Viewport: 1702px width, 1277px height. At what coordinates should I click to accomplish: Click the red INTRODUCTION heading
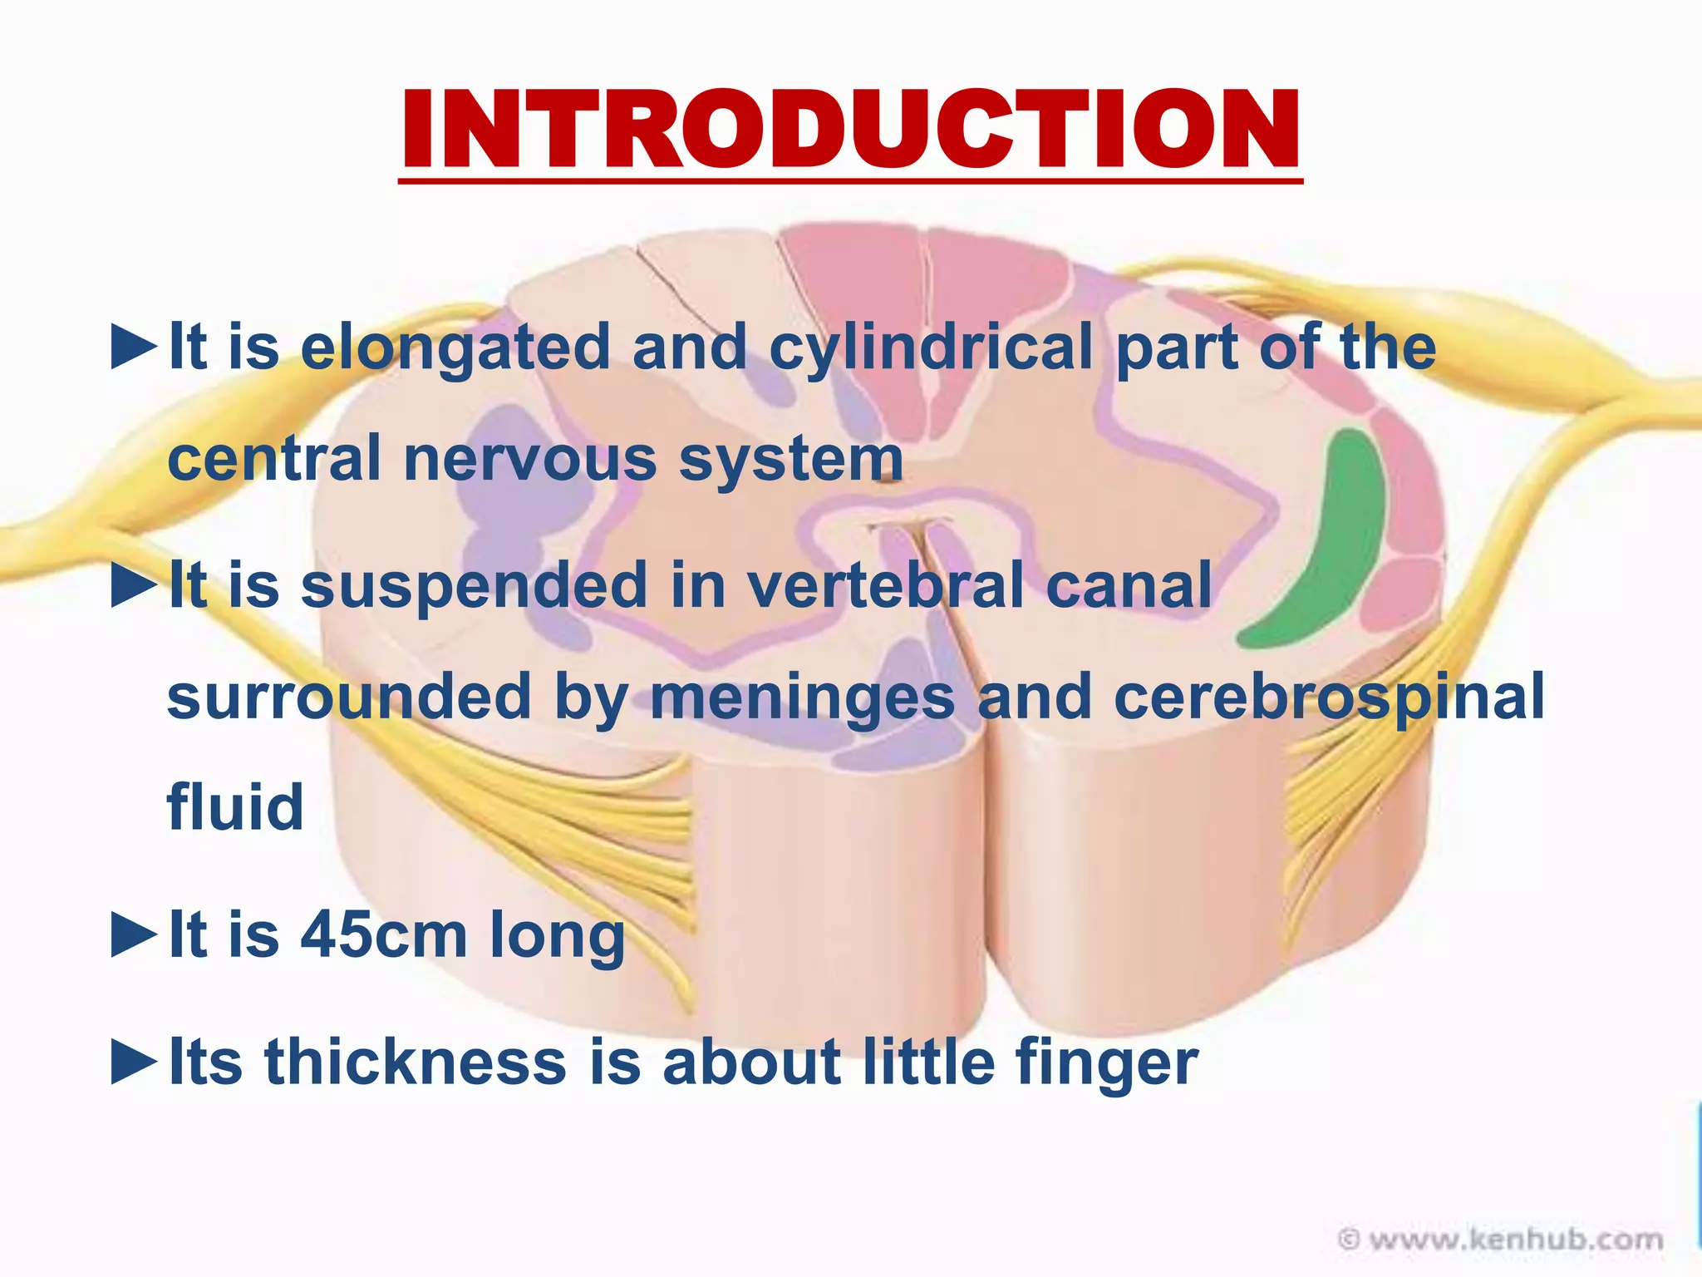(850, 131)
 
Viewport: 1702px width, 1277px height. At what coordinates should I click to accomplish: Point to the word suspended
(474, 584)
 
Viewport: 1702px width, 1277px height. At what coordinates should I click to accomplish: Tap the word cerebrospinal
(1328, 697)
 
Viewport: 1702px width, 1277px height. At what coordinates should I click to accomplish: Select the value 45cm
(384, 935)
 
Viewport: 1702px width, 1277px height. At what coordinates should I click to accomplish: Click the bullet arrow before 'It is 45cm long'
(134, 935)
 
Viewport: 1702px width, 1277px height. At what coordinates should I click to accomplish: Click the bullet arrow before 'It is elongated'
(134, 348)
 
